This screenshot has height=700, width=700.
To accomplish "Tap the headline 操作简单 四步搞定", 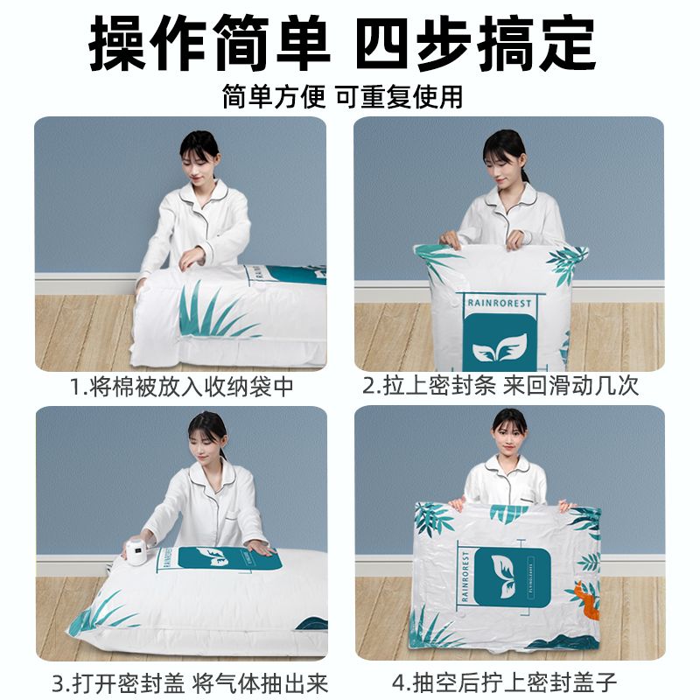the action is tap(343, 43).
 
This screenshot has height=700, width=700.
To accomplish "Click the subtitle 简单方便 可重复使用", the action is tap(343, 95).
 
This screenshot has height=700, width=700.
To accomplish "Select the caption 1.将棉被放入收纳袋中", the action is tap(182, 387).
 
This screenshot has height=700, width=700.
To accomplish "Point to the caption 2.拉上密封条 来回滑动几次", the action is tap(500, 386).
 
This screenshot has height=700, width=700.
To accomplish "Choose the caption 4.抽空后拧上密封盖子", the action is tap(505, 682).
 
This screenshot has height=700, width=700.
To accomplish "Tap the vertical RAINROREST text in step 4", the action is tap(465, 576).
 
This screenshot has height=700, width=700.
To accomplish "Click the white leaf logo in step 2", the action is tap(499, 347).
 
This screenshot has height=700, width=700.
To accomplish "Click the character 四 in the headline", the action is tap(381, 43).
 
